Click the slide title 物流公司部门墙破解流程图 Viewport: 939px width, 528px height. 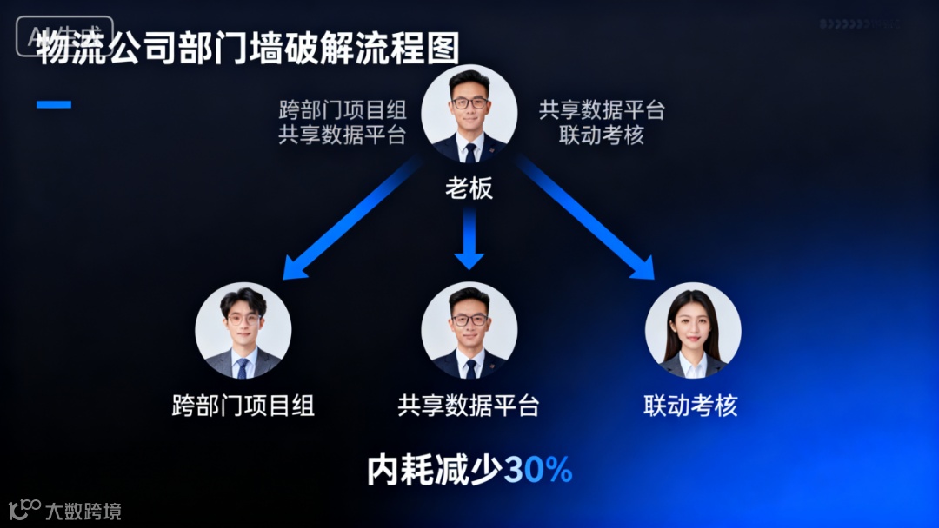click(248, 49)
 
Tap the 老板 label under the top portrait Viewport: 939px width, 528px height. click(469, 188)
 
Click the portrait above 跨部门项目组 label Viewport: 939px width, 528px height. click(243, 330)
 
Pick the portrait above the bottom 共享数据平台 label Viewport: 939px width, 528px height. click(469, 330)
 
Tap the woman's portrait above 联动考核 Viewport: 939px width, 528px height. click(693, 330)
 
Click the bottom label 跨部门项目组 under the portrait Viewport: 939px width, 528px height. click(243, 406)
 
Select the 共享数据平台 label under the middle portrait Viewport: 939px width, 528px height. click(469, 406)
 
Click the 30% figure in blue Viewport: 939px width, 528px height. click(538, 470)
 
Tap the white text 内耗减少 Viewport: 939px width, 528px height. click(435, 470)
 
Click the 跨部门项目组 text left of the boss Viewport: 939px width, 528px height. click(343, 111)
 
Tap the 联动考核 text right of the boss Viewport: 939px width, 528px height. click(602, 135)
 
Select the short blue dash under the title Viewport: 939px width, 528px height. click(54, 105)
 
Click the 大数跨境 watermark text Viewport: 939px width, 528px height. click(83, 511)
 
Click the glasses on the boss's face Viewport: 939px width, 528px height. click(469, 102)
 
